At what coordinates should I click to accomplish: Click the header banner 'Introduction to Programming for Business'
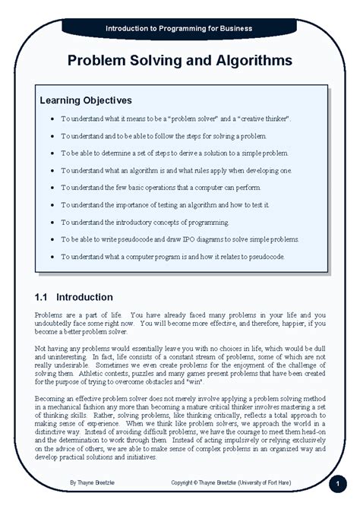coord(180,28)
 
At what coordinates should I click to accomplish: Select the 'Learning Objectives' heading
coord(86,100)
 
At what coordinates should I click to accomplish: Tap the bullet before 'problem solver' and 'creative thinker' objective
coord(50,120)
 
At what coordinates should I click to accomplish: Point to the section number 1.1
coord(43,296)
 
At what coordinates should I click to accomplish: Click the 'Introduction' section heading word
coord(85,296)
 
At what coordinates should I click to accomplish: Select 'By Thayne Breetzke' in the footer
coord(95,482)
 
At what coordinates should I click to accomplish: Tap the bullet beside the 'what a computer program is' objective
coord(50,257)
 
